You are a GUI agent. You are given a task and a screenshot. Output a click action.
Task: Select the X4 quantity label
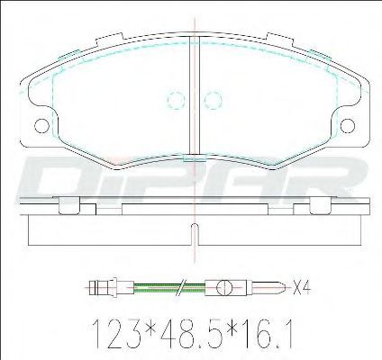[x=301, y=288]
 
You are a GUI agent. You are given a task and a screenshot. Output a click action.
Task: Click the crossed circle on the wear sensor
[x=224, y=288]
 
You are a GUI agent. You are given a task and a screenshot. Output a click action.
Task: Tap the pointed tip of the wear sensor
[x=283, y=288]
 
